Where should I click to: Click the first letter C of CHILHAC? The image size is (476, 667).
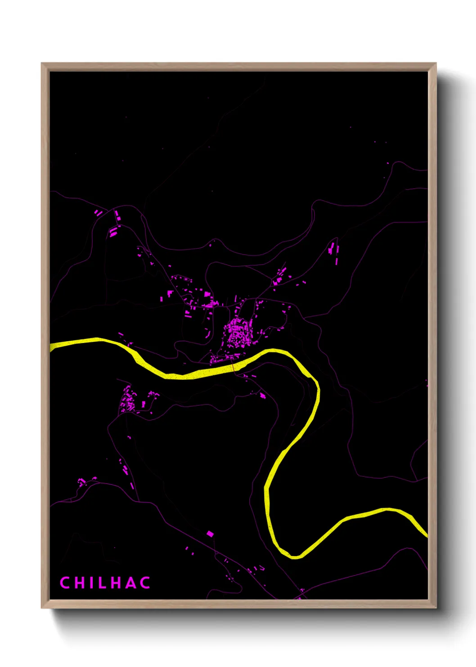[64, 583]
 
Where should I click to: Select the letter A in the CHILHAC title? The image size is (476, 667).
[130, 583]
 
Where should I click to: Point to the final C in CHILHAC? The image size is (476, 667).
[145, 583]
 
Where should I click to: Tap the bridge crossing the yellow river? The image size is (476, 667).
[234, 368]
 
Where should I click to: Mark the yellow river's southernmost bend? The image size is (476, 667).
[295, 555]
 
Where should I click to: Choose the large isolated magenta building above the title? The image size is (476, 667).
[210, 534]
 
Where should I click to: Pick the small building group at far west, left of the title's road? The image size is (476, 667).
[82, 482]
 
